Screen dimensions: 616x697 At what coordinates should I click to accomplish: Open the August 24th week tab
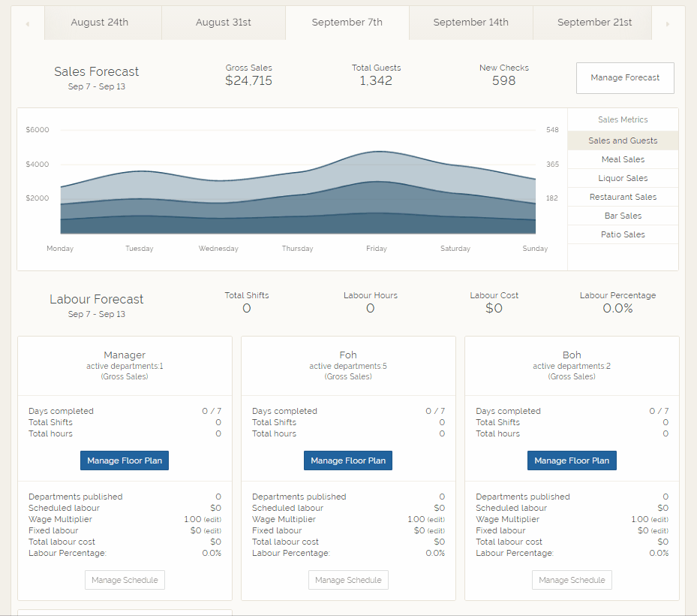point(99,23)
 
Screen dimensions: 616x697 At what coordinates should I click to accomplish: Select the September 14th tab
point(470,23)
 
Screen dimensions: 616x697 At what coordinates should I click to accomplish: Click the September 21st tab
point(594,23)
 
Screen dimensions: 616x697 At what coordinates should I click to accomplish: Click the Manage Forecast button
point(625,77)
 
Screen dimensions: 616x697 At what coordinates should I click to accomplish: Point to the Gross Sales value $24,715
point(248,81)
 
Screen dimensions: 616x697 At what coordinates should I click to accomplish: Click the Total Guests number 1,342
point(376,81)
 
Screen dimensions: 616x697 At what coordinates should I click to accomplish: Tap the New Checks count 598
point(503,81)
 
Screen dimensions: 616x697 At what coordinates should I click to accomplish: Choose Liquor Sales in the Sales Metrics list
point(623,178)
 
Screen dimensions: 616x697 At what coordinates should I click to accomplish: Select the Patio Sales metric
point(623,234)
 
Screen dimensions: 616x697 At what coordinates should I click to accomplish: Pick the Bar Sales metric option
point(623,216)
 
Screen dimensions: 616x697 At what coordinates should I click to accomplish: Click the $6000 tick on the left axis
point(38,130)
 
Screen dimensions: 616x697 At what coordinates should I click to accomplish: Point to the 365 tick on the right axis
point(552,165)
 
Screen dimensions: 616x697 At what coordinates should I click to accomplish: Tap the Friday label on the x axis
point(376,249)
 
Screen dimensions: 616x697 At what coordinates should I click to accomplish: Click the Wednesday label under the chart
point(218,249)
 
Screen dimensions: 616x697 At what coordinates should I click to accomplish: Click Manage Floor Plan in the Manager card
point(125,460)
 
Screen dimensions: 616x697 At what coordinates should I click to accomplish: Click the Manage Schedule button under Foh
point(348,580)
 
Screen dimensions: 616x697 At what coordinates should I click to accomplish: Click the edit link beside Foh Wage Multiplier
point(437,520)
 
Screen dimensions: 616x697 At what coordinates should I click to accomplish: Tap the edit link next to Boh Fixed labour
point(659,531)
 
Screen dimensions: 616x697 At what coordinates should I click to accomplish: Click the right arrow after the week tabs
point(668,24)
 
